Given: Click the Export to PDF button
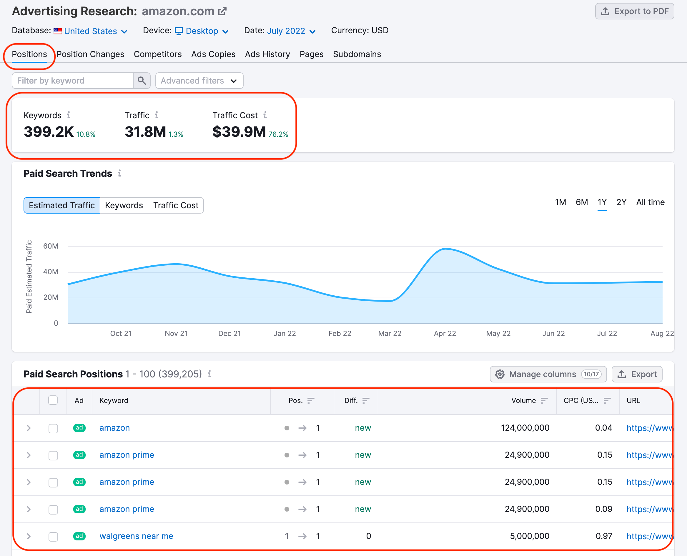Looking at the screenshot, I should pyautogui.click(x=634, y=11).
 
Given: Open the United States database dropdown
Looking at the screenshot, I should pyautogui.click(x=91, y=31).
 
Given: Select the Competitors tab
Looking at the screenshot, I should pyautogui.click(x=158, y=54).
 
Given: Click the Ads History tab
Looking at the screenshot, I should pyautogui.click(x=267, y=54).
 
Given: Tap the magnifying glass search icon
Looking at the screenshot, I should pyautogui.click(x=142, y=81).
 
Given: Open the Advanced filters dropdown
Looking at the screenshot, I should pyautogui.click(x=199, y=81).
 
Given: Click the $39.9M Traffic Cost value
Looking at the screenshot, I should pyautogui.click(x=239, y=131).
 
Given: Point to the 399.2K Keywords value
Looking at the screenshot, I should pyautogui.click(x=49, y=131).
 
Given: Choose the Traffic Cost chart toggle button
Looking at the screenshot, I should pyautogui.click(x=176, y=205).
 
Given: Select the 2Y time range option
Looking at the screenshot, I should pyautogui.click(x=621, y=202).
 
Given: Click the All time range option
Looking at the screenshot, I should pyautogui.click(x=650, y=202).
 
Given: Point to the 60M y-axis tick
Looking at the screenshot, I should pyautogui.click(x=51, y=246).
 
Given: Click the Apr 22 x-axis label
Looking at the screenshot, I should pyautogui.click(x=445, y=333).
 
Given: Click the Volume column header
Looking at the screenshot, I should pyautogui.click(x=523, y=400).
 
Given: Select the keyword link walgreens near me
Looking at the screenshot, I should pyautogui.click(x=136, y=536).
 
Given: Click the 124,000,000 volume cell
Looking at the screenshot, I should pyautogui.click(x=525, y=428).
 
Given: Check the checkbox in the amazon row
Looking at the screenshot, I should pyautogui.click(x=53, y=428).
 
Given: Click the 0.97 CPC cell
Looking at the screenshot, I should pyautogui.click(x=604, y=536).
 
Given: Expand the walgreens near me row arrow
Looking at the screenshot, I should pyautogui.click(x=29, y=536).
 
